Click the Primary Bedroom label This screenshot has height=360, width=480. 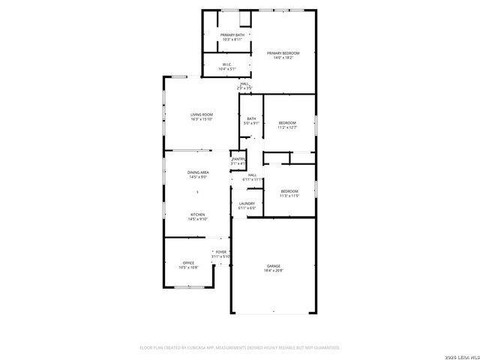coord(286,52)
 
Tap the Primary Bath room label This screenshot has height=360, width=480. coord(232,35)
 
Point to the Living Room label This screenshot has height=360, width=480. coord(201,115)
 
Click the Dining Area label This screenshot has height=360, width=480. coord(198,172)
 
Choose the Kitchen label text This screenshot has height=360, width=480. coord(197,215)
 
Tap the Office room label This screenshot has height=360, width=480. coord(188,262)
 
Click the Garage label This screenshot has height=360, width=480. coord(273,265)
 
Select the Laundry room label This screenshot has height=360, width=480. coord(247,203)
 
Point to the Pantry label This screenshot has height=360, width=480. coord(238,159)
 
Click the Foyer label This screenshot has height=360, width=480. coord(221,252)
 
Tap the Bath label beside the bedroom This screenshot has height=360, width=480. coord(251,118)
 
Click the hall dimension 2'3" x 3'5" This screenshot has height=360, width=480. coord(244,88)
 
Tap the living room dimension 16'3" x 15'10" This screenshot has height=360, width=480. coord(201,119)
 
